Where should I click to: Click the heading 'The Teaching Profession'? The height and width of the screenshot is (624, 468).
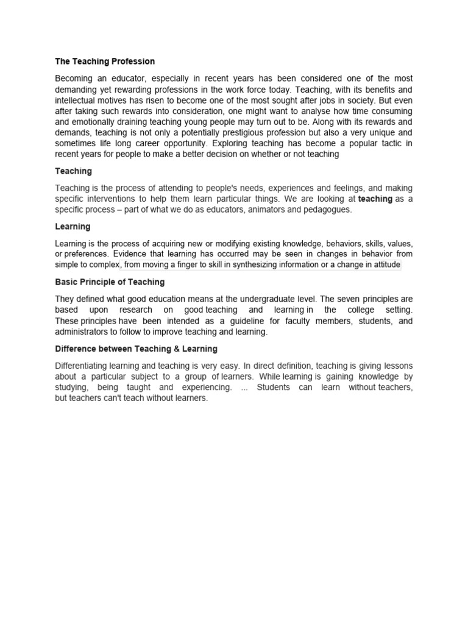(x=105, y=62)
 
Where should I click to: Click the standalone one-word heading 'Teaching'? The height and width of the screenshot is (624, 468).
(x=73, y=171)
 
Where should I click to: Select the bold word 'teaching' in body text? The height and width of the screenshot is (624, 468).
(x=375, y=199)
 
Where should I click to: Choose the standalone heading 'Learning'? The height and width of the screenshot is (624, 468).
(x=73, y=227)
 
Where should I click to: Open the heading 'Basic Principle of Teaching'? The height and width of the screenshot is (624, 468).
(x=110, y=282)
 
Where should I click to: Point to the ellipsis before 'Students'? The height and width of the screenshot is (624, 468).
(x=244, y=388)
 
